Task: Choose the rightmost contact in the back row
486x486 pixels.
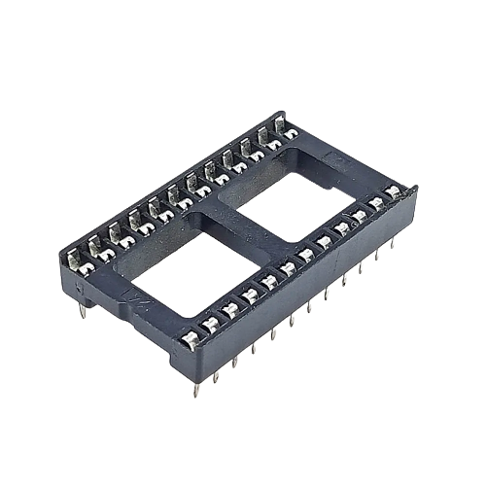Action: point(279,126)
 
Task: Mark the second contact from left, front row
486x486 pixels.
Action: point(210,325)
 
